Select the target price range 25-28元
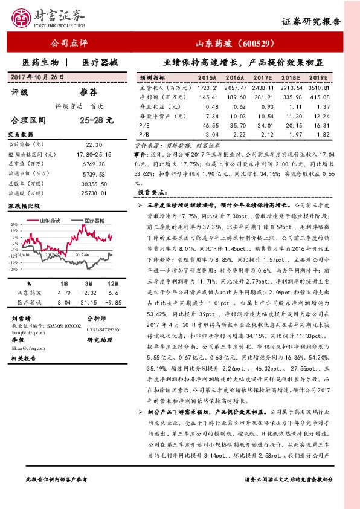(x=96, y=120)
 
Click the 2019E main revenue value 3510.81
(x=318, y=88)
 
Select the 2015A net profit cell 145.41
(x=207, y=97)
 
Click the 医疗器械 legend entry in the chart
(x=95, y=221)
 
